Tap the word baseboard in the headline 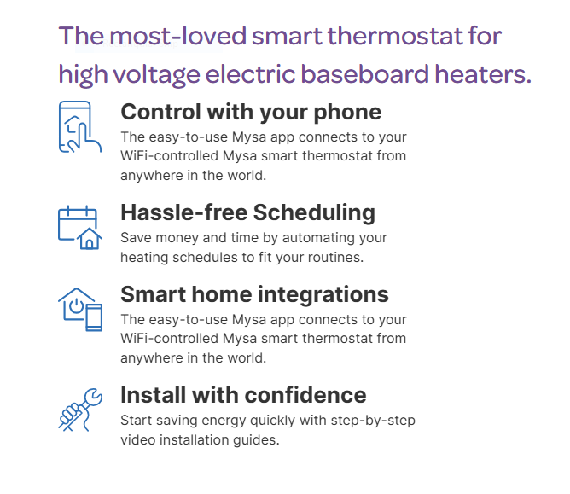click(x=364, y=74)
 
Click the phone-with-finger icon click(x=80, y=127)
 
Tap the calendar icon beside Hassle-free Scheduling click(x=80, y=228)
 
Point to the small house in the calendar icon click(x=90, y=239)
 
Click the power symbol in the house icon click(x=76, y=305)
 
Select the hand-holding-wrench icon click(x=80, y=410)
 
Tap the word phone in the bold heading click(x=347, y=113)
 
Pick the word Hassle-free click(x=184, y=212)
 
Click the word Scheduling click(x=314, y=213)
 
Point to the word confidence click(x=311, y=395)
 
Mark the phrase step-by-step click(x=373, y=421)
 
